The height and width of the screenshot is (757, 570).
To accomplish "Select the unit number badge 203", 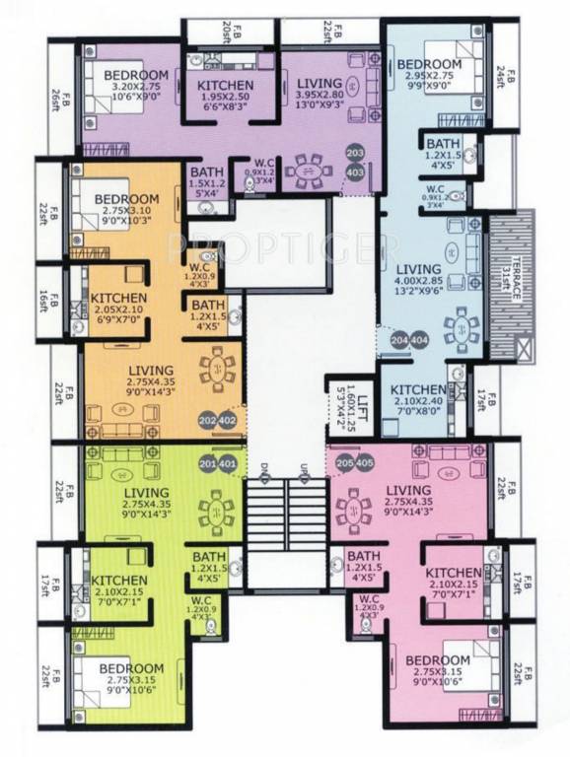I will coord(355,152).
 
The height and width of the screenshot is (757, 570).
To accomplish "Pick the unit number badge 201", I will coord(206,465).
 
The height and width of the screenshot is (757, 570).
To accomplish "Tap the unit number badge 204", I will coord(398,340).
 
